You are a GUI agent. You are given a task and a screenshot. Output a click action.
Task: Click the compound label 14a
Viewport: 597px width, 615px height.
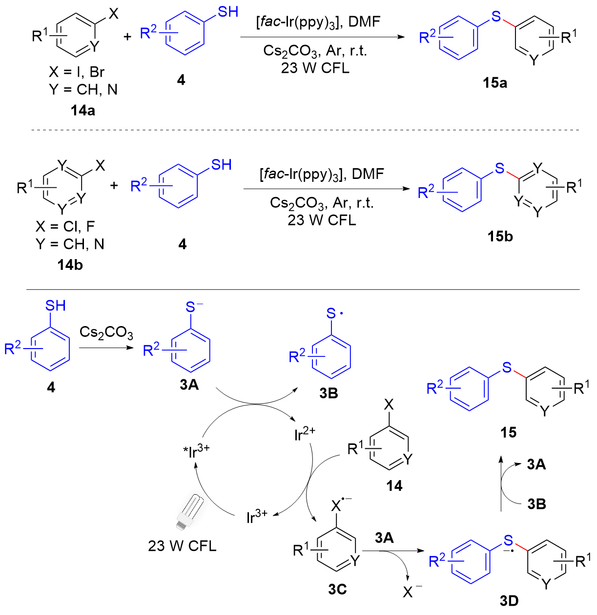pos(82,110)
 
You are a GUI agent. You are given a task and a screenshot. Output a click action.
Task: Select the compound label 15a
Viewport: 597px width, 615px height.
pos(494,83)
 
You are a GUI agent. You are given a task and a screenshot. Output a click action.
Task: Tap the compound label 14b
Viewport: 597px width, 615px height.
pos(70,265)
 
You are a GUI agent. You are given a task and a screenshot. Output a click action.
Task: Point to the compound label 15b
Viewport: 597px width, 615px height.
pos(500,237)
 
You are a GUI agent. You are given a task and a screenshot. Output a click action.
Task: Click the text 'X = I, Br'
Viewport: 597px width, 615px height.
pos(77,72)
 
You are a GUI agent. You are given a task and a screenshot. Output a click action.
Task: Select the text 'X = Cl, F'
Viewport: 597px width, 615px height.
pos(65,226)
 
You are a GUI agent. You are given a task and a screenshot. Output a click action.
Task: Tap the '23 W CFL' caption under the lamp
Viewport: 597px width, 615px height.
pos(182,546)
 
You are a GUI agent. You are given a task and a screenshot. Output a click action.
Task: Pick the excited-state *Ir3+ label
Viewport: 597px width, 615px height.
pos(196,451)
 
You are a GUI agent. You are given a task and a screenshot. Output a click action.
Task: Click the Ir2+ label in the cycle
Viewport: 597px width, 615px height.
pos(305,434)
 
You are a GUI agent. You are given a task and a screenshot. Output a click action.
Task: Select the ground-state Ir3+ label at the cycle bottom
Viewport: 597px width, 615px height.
pos(257,516)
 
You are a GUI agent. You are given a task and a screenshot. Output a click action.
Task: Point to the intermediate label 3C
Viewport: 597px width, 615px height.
pos(337,590)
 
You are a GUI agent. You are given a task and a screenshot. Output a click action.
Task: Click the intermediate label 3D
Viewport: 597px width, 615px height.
pos(509,600)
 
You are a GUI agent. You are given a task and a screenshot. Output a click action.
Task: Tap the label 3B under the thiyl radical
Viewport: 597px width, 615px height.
pos(329,393)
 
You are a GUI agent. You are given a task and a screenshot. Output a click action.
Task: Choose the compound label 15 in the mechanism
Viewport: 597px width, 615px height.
pos(508,432)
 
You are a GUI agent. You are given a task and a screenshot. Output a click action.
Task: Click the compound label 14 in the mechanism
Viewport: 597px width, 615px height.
pos(394,486)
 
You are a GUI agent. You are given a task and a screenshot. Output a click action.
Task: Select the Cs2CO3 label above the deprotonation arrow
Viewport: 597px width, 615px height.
pos(106,333)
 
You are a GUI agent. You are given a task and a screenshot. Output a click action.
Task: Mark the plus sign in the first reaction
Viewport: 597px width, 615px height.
pos(127,37)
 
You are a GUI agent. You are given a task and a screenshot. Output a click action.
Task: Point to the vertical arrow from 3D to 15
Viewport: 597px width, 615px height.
pos(500,484)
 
